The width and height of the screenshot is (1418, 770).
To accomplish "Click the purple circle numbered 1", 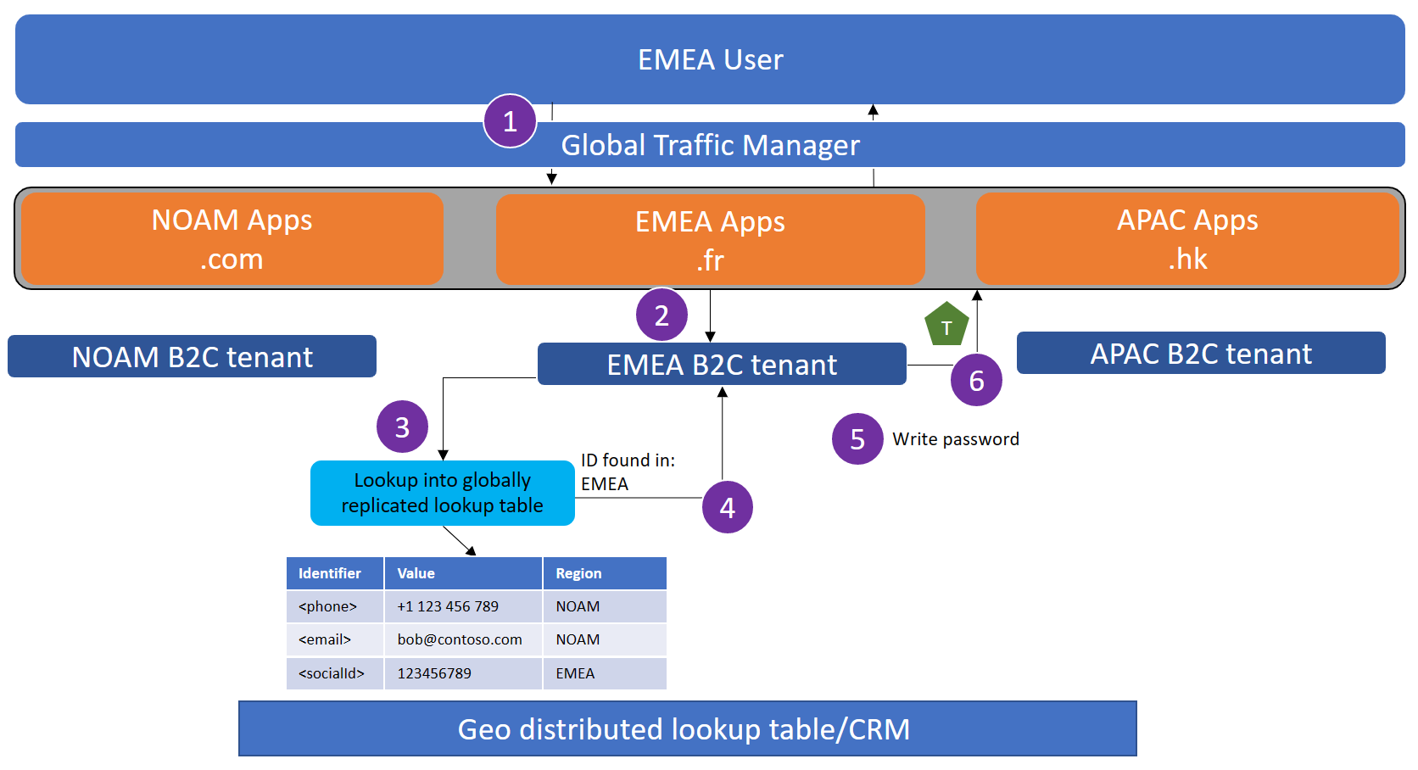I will coord(510,121).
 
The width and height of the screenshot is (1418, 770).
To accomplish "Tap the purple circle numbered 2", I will coord(662,315).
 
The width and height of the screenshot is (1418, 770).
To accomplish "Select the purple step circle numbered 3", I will coord(402,427).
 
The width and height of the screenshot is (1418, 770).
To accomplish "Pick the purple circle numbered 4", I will coord(728,507).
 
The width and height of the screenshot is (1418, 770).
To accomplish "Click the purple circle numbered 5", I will coord(857,438).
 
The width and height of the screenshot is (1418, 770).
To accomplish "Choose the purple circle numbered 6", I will coord(976,381).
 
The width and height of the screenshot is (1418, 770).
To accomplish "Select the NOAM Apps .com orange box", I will coord(232,239).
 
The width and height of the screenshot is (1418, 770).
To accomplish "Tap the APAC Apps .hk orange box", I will coord(1187,239).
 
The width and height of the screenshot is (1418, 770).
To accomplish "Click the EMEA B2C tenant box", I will coord(722,365).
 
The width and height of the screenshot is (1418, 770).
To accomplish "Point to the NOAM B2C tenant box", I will coord(193,357).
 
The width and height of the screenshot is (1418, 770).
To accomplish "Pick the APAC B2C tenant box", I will coord(1201,354).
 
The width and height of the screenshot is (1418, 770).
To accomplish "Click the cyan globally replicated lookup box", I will coord(442,493).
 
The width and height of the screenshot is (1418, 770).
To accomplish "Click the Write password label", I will coord(956,439).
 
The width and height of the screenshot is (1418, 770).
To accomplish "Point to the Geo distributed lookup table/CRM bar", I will coord(687,729).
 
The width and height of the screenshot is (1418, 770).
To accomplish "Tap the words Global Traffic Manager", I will coord(710,145).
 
